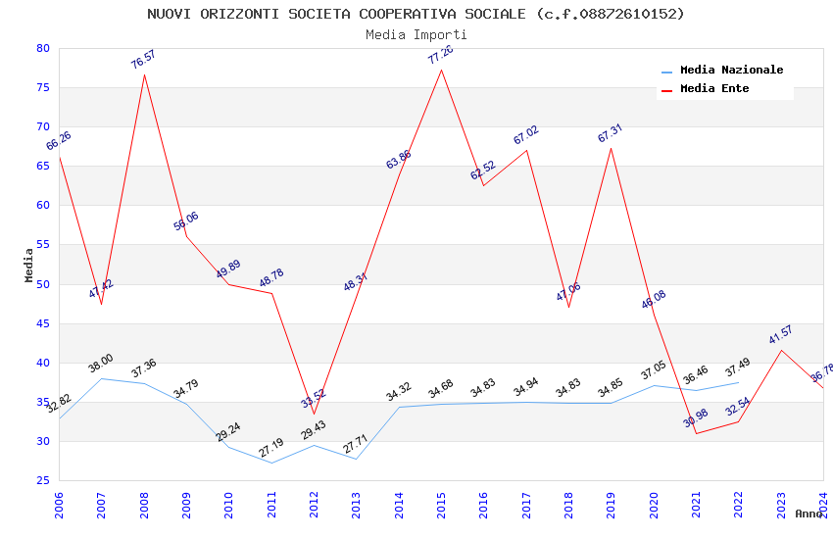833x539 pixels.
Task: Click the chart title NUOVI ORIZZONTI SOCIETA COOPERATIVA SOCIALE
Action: tap(416, 14)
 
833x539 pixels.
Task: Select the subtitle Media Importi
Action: tap(416, 34)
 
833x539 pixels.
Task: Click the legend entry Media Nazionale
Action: tap(731, 70)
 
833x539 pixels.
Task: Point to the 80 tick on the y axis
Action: tap(42, 48)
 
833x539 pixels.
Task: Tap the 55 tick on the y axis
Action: tap(42, 245)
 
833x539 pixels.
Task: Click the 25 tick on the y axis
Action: tap(42, 480)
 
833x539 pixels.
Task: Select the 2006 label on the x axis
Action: tap(60, 507)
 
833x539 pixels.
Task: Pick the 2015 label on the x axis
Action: tap(442, 507)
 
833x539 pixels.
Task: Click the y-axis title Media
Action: tap(29, 265)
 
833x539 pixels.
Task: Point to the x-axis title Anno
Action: tap(808, 514)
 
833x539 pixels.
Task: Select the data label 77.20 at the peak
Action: tap(441, 54)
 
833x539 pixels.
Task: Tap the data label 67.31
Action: tap(610, 133)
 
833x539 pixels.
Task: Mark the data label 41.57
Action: tap(780, 335)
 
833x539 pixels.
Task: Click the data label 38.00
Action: tap(100, 365)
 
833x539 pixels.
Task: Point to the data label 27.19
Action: tap(270, 449)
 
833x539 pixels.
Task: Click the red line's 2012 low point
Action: tap(315, 414)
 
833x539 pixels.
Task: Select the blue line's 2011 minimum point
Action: tap(271, 463)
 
